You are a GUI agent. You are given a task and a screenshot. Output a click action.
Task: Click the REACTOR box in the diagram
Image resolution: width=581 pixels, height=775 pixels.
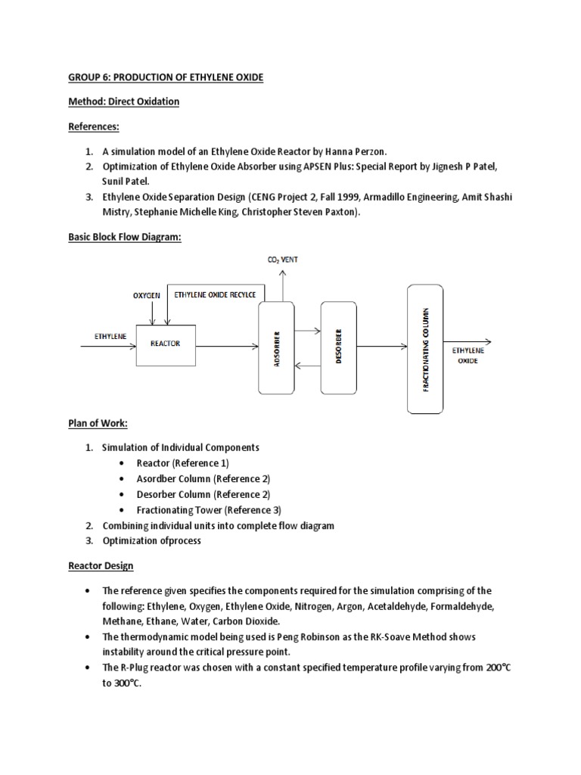pos(165,344)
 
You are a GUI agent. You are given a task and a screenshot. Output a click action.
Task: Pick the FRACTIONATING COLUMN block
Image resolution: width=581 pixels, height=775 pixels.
pos(424,349)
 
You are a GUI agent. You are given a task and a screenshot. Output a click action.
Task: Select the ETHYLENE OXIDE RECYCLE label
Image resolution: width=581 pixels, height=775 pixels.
pos(215,294)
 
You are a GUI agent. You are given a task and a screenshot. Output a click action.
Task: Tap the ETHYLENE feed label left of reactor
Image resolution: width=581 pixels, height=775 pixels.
pos(109,334)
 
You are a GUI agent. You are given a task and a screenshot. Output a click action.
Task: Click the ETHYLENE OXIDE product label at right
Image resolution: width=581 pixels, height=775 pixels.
pos(468,356)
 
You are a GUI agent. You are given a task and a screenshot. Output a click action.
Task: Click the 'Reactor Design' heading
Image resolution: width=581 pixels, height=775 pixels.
pos(101,566)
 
